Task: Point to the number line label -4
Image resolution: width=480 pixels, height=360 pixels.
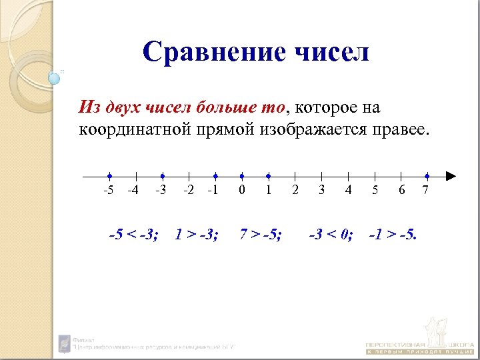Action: (x=133, y=191)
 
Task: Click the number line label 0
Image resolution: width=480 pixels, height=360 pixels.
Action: (x=241, y=191)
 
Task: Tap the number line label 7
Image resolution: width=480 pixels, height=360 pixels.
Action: (x=426, y=191)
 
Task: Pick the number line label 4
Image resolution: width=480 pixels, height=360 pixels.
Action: (x=348, y=191)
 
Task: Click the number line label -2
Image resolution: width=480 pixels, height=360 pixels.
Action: (x=189, y=191)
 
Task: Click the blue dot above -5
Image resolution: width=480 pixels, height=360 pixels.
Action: (x=109, y=177)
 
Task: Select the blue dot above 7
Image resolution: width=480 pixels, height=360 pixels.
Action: (x=427, y=177)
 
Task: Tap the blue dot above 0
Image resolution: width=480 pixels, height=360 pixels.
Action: (x=241, y=177)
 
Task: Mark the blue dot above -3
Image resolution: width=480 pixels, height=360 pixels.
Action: (x=162, y=177)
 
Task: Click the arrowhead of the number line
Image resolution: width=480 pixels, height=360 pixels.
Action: (x=451, y=177)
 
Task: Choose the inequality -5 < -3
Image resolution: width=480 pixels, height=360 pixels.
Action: (x=133, y=234)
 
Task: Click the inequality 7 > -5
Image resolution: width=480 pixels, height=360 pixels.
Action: (x=261, y=234)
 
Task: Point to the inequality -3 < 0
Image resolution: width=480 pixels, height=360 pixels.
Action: (x=331, y=234)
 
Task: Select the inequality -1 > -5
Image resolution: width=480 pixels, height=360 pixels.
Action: (x=393, y=234)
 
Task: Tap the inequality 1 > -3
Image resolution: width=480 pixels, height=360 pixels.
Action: (x=196, y=234)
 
